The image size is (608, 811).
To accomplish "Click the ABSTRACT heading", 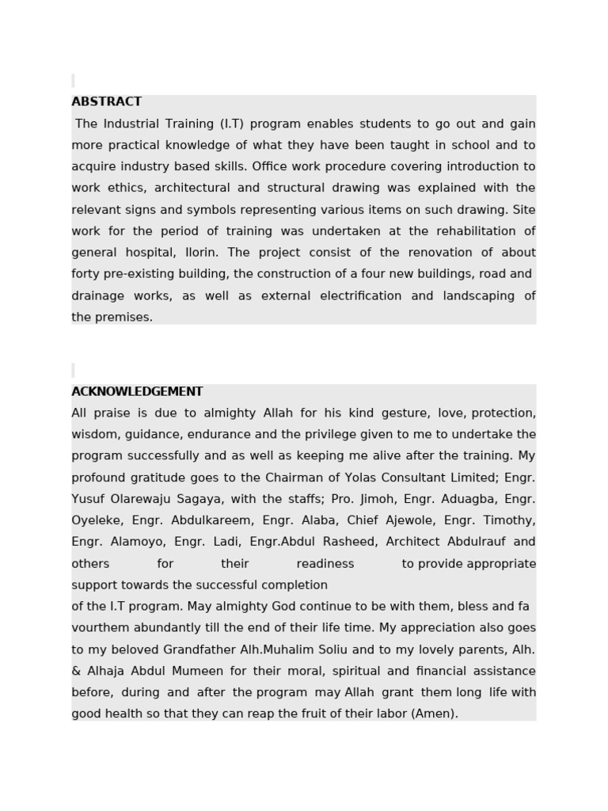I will point(106,102).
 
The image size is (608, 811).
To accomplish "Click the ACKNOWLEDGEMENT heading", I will point(137,392).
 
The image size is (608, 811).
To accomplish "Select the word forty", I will point(85,274).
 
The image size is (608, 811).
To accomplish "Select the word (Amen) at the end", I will point(434,714).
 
